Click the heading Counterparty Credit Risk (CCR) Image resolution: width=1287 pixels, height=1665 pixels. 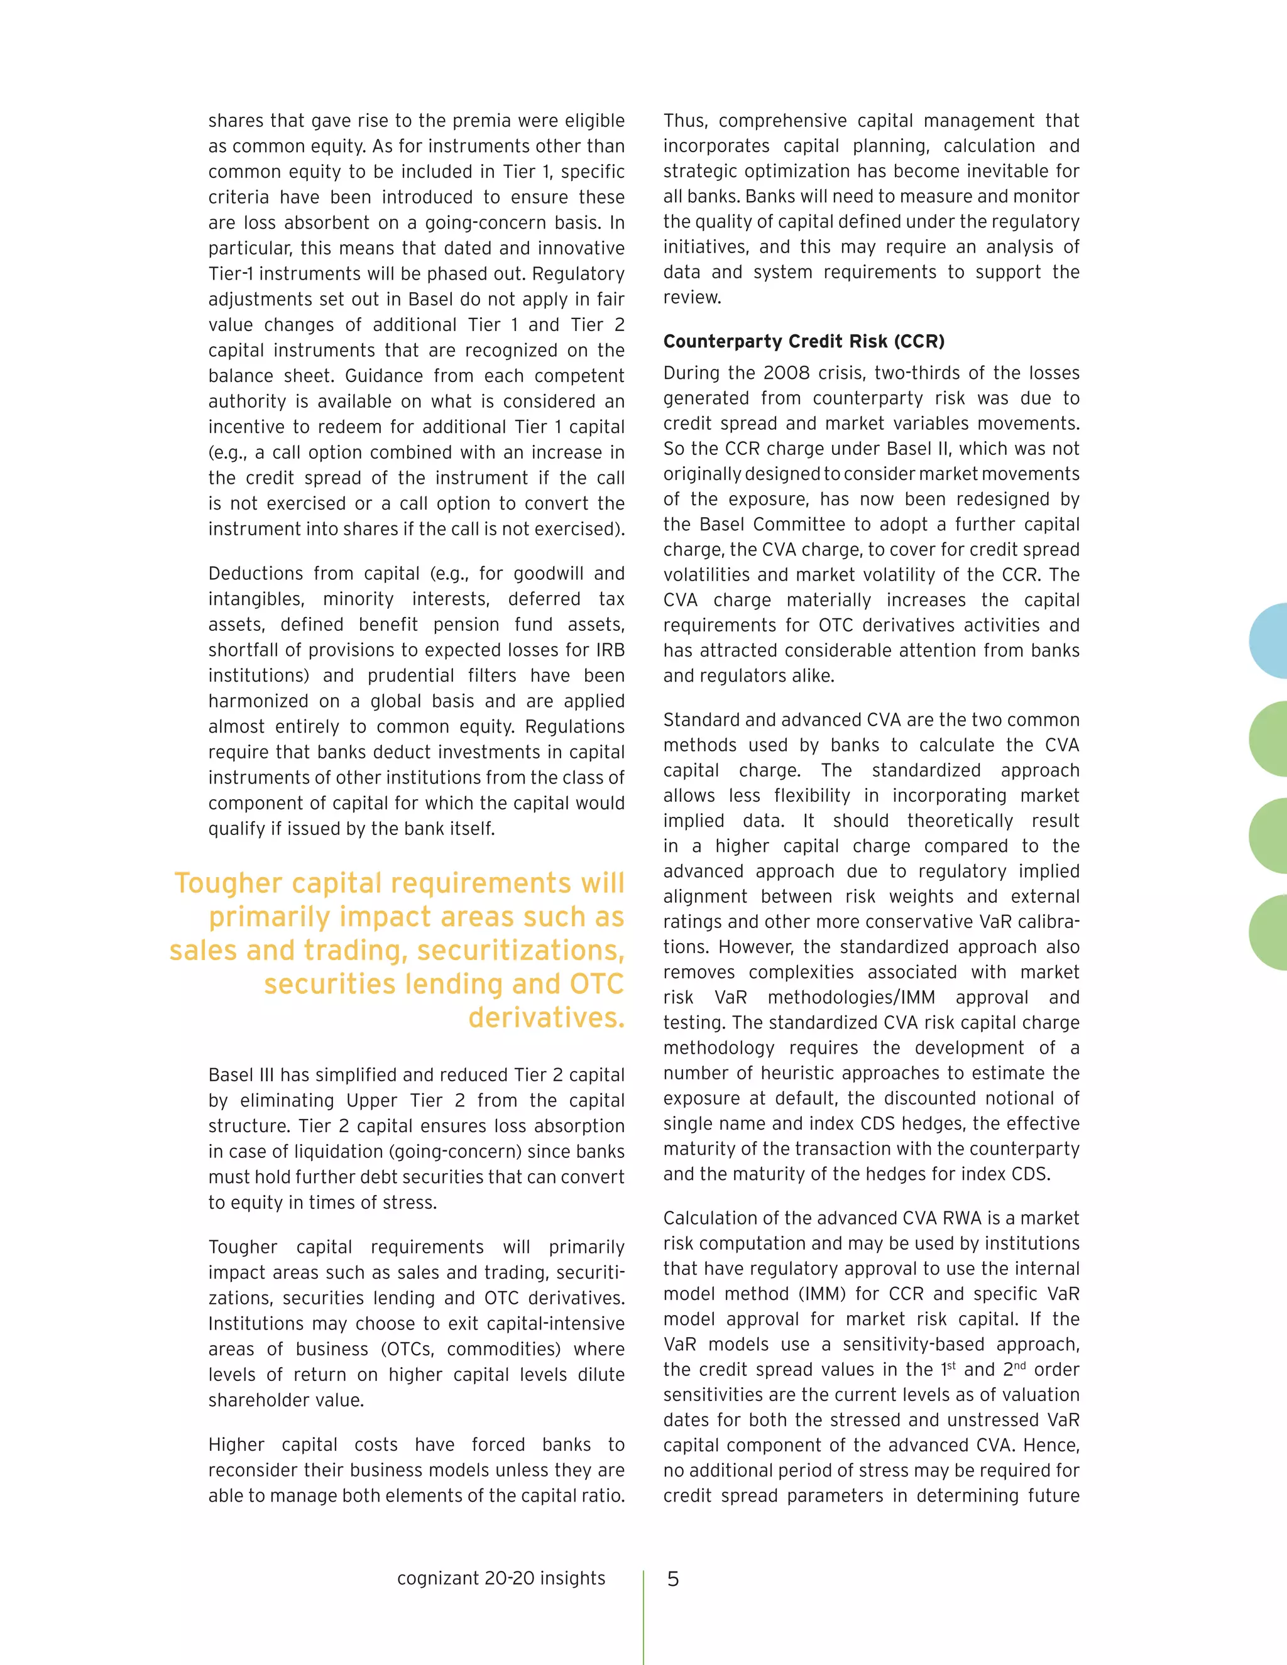(x=804, y=342)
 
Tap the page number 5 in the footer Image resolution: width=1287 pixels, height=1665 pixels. (x=672, y=1579)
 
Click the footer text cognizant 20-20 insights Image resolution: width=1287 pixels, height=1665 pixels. (x=501, y=1578)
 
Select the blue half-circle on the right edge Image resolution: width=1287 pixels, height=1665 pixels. (x=1269, y=641)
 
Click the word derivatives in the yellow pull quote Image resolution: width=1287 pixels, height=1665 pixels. (x=546, y=1018)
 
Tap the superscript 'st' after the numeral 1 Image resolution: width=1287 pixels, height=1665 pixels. (x=951, y=1365)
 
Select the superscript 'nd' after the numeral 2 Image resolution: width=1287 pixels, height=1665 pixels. (x=1020, y=1365)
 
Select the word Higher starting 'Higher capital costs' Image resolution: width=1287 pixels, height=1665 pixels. (x=235, y=1444)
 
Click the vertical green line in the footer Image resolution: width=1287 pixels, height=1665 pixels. (x=643, y=1616)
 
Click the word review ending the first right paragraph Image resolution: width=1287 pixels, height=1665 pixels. (x=691, y=297)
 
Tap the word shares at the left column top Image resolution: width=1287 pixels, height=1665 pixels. (x=236, y=121)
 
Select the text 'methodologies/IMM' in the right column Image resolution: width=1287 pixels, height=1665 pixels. (x=852, y=997)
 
